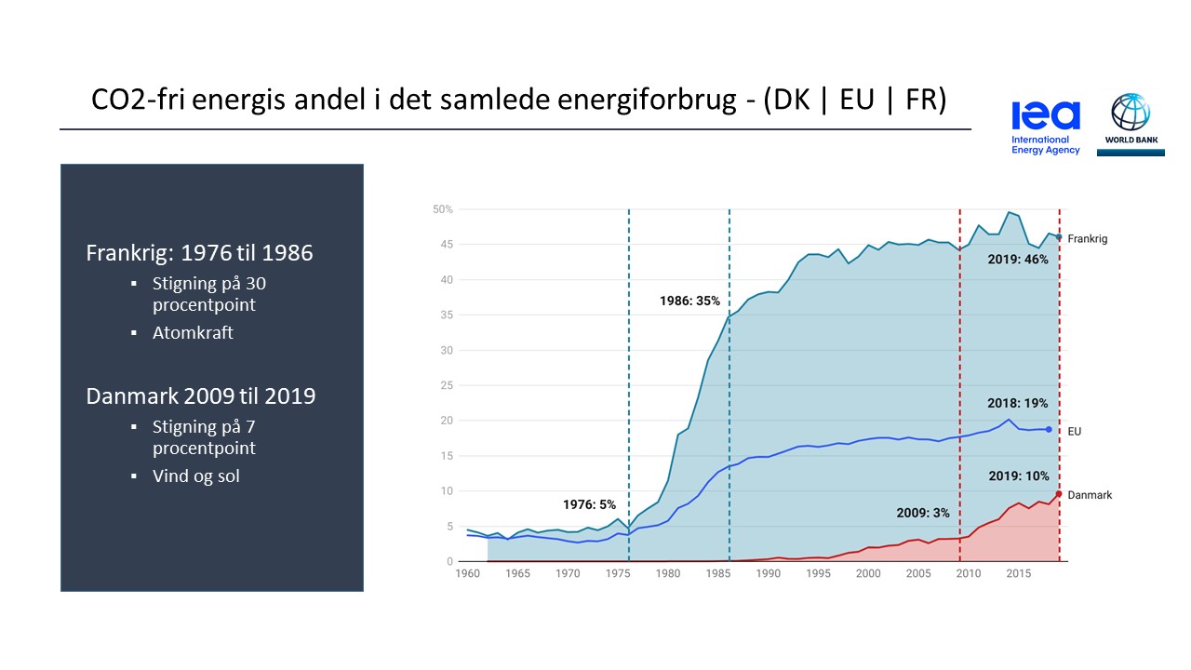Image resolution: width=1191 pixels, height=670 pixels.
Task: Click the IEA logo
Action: tap(1046, 127)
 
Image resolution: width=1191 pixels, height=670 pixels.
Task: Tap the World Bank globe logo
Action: tap(1131, 118)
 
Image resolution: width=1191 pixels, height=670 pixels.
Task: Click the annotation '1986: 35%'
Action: tap(689, 301)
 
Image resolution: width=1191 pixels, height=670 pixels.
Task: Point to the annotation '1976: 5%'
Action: tap(589, 504)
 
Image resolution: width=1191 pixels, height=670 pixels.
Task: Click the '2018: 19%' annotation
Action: tap(1017, 404)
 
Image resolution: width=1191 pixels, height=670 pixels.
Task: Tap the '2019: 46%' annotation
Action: tap(1017, 260)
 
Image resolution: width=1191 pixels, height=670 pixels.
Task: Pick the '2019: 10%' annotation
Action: tap(1017, 476)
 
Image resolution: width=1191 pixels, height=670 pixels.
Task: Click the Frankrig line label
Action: tap(1088, 239)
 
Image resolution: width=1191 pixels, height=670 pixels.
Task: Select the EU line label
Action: tap(1075, 432)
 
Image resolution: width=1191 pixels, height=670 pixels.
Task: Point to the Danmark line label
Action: tap(1090, 495)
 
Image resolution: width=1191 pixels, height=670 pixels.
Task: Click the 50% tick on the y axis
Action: tap(443, 209)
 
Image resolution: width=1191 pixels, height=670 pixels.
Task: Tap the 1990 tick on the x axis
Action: tap(768, 574)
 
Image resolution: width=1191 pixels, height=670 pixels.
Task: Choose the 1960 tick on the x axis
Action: tap(467, 574)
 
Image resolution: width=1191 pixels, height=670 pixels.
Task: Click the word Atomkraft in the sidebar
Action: tap(193, 332)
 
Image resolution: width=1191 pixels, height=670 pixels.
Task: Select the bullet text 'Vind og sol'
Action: tap(196, 476)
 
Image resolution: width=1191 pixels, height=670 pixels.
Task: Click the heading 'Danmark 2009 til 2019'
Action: tap(201, 396)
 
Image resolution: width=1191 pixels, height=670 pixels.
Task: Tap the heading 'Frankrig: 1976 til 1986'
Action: tap(200, 253)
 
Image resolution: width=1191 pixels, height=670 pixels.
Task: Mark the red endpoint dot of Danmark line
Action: tap(1059, 493)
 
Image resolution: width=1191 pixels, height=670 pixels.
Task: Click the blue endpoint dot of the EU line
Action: tap(1050, 430)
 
